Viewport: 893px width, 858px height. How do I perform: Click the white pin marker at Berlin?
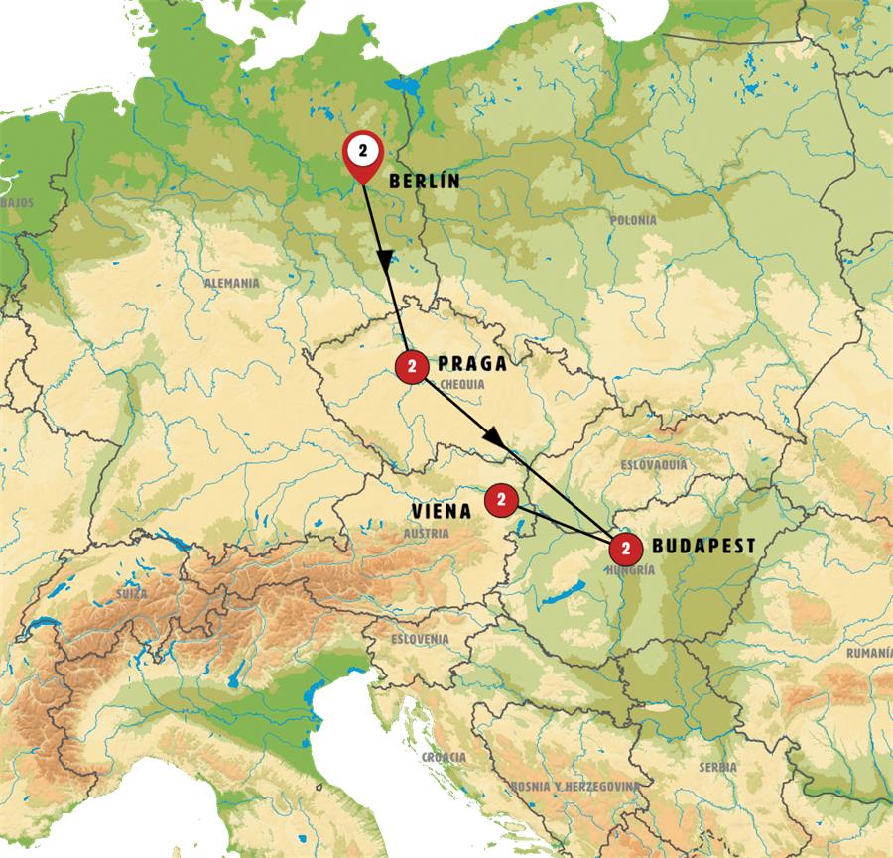[363, 152]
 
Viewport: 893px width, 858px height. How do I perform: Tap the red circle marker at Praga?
[411, 365]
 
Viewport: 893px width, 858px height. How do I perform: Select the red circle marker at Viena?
[500, 501]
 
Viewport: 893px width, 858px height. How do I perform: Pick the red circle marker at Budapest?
[625, 547]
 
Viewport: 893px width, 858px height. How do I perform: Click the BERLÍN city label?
[426, 182]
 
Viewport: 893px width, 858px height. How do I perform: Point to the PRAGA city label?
[471, 364]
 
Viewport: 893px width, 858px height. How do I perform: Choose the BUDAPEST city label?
[703, 546]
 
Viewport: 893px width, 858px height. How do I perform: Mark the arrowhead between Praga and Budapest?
[492, 436]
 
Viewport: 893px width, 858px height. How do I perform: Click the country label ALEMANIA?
[231, 283]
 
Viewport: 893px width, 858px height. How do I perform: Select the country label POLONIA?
[634, 220]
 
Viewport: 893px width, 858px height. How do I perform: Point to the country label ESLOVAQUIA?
[654, 464]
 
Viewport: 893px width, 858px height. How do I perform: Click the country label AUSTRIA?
[427, 533]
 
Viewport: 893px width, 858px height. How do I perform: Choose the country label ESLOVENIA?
[420, 639]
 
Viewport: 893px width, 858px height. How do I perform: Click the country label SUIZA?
[131, 593]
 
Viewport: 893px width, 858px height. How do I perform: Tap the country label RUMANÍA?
[868, 653]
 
